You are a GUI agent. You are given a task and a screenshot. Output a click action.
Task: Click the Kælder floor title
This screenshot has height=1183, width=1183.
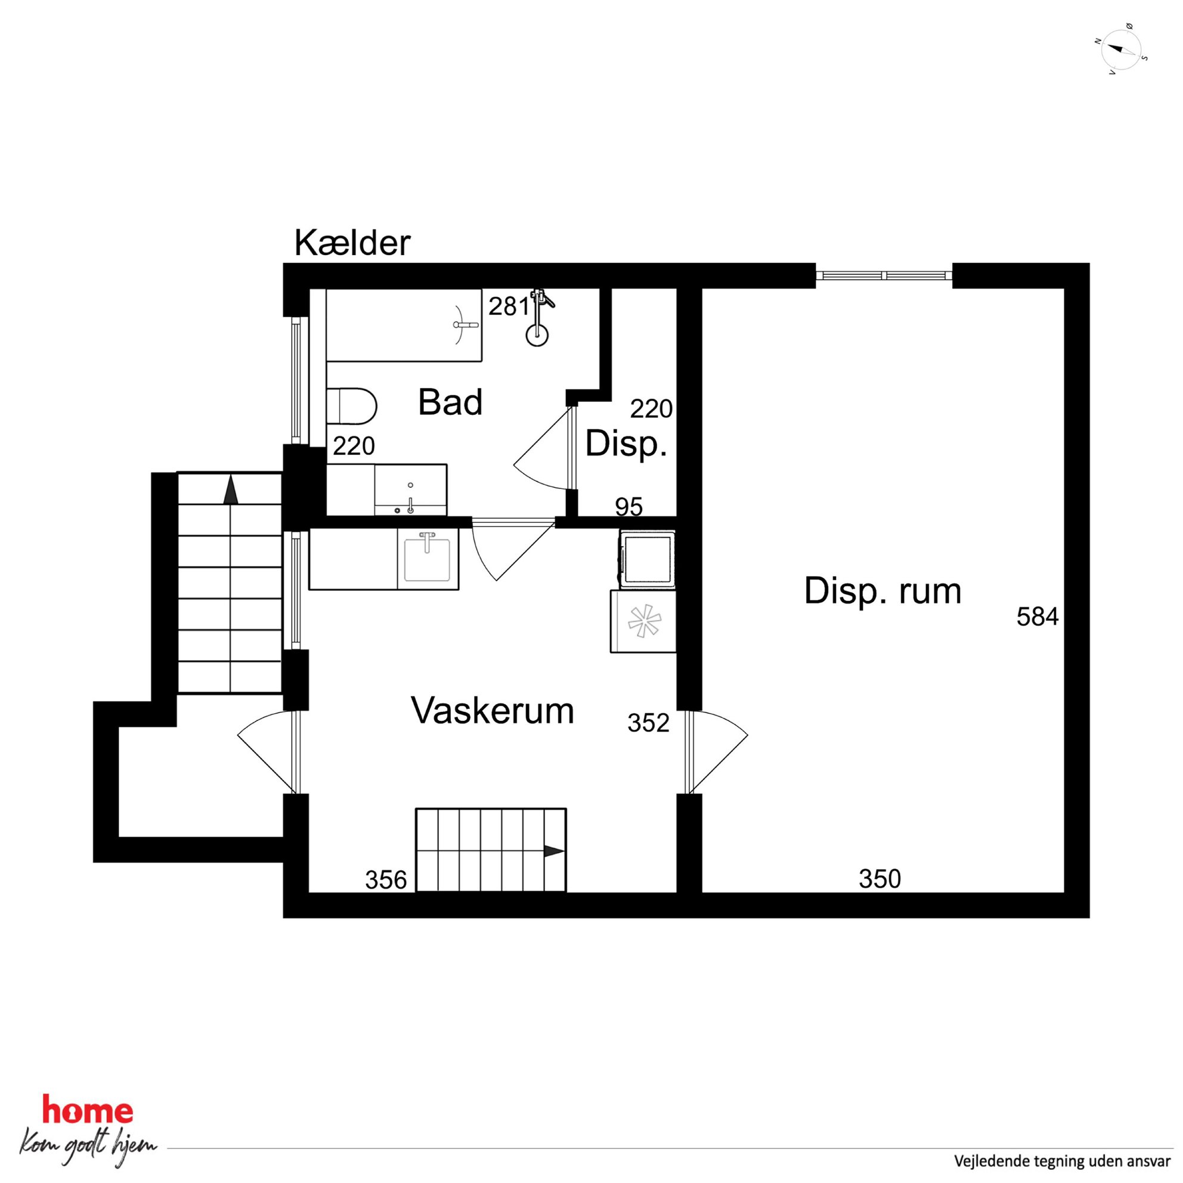tap(352, 243)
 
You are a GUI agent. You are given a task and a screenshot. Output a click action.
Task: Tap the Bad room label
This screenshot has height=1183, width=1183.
tap(450, 402)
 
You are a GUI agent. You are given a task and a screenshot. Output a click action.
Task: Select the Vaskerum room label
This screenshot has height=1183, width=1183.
tap(493, 711)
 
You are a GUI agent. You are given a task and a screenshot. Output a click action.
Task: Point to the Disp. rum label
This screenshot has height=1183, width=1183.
tap(882, 591)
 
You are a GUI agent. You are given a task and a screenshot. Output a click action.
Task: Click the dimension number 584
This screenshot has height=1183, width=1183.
tap(1038, 617)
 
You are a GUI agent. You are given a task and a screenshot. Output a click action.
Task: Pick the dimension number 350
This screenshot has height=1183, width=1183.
tap(880, 879)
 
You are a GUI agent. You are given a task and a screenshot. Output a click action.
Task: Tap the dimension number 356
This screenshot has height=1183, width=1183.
tap(386, 880)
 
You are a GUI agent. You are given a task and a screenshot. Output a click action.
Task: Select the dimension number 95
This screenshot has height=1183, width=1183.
tap(629, 507)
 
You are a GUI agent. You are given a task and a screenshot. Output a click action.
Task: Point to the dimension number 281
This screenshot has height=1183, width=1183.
tap(508, 306)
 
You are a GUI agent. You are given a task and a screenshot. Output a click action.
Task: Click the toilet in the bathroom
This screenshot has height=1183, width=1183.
tap(351, 406)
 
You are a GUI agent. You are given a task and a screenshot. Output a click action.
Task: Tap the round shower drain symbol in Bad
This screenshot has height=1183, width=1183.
tap(537, 335)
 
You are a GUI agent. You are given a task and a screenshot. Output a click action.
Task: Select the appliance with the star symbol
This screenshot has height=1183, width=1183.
tap(643, 621)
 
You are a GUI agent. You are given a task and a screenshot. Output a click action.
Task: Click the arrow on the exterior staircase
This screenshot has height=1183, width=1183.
tap(230, 490)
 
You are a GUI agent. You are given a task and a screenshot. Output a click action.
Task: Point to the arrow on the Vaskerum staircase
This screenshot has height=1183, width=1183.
tap(553, 851)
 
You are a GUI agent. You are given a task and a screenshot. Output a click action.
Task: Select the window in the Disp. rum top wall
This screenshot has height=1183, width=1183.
tap(884, 275)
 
